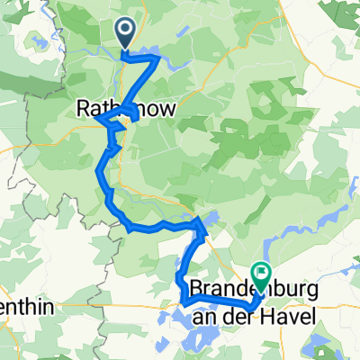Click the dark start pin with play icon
click(125, 34)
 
